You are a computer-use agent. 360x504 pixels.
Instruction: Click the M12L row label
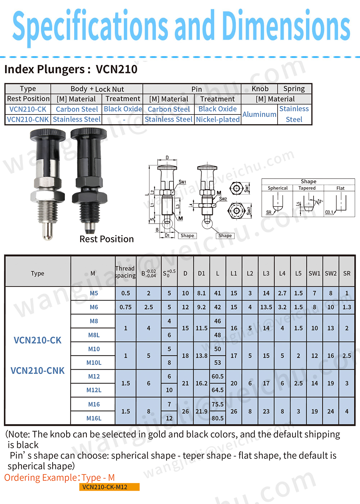tap(94, 390)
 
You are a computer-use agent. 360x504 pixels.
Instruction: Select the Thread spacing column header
tap(125, 272)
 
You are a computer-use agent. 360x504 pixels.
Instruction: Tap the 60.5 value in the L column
tap(217, 376)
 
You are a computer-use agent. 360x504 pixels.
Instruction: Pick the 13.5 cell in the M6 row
tap(266, 307)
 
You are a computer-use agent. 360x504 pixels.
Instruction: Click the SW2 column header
tap(331, 273)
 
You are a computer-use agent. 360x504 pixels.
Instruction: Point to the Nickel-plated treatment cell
tap(218, 119)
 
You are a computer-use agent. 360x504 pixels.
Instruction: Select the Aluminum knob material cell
tap(259, 114)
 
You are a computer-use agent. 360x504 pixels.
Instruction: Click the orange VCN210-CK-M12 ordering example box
tap(109, 487)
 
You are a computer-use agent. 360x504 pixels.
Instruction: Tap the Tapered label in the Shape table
tap(307, 188)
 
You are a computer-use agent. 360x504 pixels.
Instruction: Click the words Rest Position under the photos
tap(107, 239)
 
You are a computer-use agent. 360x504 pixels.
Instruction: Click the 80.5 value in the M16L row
tap(217, 418)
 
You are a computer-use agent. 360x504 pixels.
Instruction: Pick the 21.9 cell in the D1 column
tap(201, 411)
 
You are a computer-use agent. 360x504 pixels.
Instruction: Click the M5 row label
tap(94, 293)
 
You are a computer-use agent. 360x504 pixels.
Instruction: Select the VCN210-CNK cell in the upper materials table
tap(28, 119)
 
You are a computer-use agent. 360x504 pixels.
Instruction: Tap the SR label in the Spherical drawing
tap(269, 212)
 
